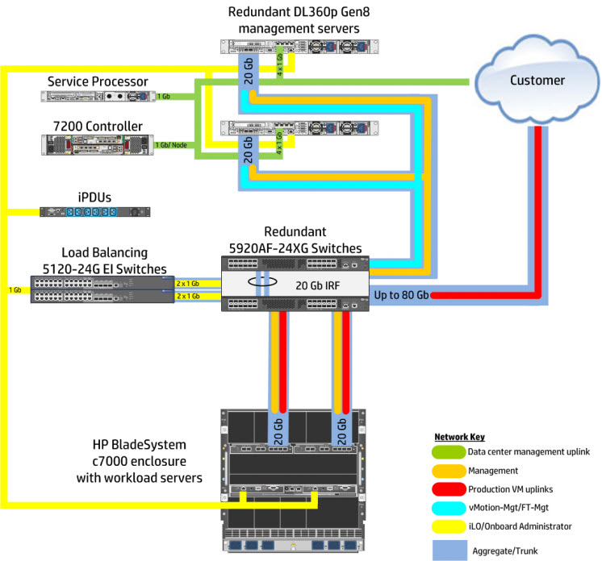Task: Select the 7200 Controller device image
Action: (97, 143)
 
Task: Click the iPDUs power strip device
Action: (95, 212)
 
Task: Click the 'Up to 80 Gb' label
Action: (401, 296)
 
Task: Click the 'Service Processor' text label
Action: (98, 81)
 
